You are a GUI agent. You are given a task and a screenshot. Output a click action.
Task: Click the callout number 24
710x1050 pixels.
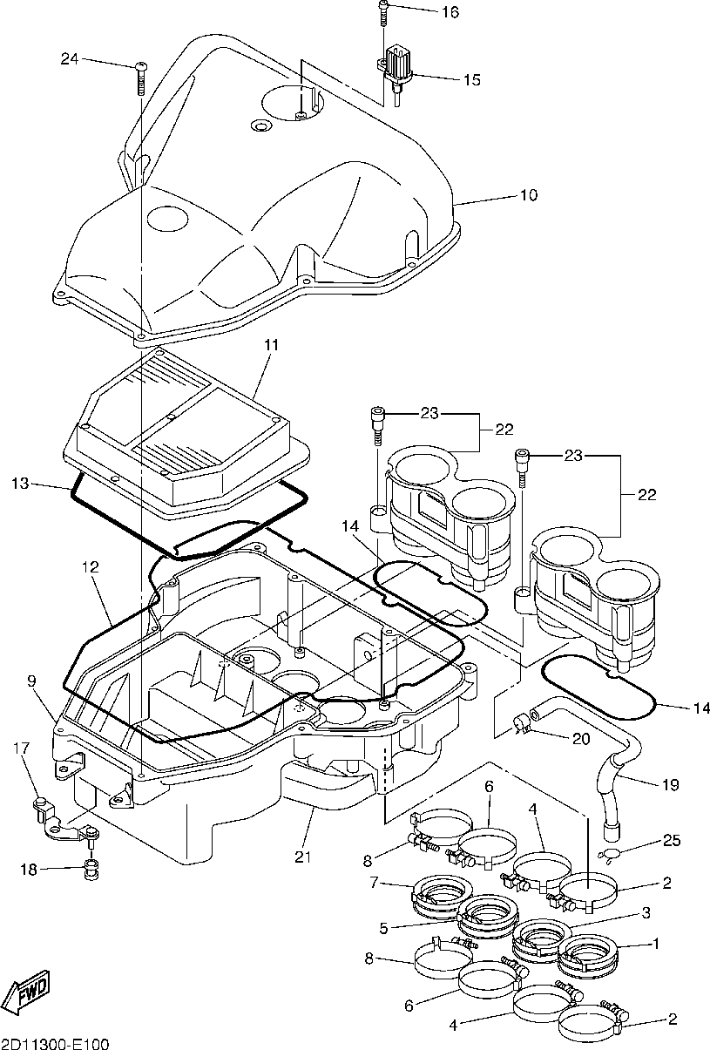click(x=70, y=59)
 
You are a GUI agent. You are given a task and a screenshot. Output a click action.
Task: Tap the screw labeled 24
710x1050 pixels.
click(x=140, y=78)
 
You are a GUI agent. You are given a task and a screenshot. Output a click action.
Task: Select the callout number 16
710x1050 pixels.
click(x=450, y=12)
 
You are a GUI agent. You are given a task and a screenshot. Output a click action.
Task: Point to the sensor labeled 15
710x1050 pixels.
click(x=397, y=75)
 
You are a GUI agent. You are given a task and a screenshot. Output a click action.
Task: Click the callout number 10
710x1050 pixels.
click(x=529, y=195)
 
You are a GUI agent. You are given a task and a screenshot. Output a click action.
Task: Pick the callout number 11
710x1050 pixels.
click(x=271, y=345)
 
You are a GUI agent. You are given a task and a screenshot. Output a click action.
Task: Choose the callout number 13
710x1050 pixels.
click(x=20, y=484)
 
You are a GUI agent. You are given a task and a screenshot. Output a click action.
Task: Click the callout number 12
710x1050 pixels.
click(x=91, y=567)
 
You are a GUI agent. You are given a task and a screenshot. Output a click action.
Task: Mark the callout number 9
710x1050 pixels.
click(x=32, y=681)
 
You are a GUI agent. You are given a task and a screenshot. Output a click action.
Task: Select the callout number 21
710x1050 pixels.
click(x=303, y=857)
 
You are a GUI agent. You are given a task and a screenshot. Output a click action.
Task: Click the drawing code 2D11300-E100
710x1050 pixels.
click(x=54, y=1043)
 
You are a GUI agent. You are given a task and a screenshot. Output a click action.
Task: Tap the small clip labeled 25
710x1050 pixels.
click(x=607, y=854)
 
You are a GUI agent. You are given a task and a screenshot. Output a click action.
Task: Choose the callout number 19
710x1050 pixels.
click(x=671, y=785)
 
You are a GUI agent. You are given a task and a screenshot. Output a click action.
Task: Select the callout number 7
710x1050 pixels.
click(x=374, y=883)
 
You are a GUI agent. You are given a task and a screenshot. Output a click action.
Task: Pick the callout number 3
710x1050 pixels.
click(x=646, y=912)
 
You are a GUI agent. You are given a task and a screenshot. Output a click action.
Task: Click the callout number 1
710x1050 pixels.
click(x=656, y=943)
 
